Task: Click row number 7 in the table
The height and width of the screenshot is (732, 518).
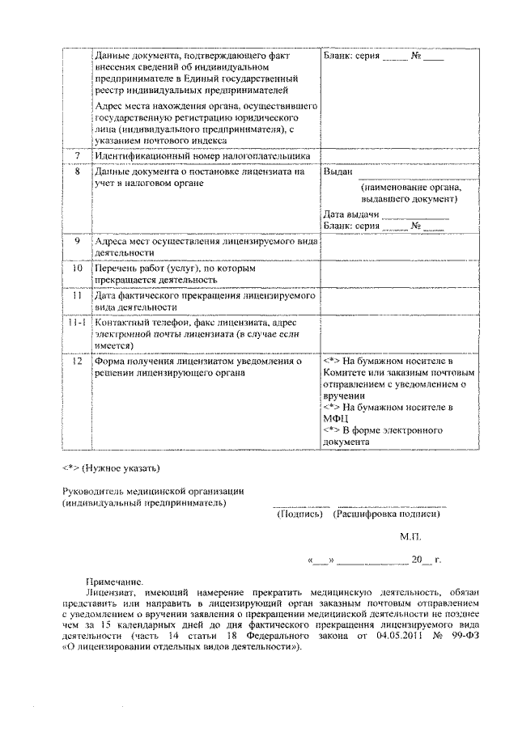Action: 78,155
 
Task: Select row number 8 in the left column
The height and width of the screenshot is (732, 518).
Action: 78,172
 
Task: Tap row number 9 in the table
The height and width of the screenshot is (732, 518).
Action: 78,242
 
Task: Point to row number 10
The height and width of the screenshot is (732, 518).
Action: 78,268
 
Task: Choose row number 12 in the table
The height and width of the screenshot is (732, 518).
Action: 78,362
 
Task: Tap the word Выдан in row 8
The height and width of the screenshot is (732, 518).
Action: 337,172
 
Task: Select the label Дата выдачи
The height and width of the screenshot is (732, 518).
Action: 350,214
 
